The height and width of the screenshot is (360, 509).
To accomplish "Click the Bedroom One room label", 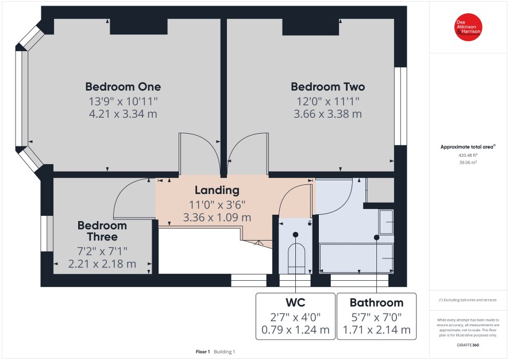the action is click(x=123, y=87).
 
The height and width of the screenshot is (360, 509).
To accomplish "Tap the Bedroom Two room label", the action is click(x=328, y=87).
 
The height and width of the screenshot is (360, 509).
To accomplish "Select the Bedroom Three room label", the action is click(x=102, y=231).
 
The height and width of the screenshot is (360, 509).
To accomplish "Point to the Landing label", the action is click(x=217, y=191).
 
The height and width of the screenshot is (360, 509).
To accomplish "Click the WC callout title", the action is click(x=295, y=302).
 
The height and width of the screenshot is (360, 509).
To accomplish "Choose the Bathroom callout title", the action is click(x=376, y=303).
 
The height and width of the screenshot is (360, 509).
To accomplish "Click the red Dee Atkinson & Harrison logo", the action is click(x=468, y=27).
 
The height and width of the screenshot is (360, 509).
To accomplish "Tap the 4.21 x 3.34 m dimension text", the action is click(x=123, y=114).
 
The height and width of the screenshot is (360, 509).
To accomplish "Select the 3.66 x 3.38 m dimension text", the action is click(x=328, y=114).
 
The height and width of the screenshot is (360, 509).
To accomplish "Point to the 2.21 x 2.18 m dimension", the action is click(x=102, y=264).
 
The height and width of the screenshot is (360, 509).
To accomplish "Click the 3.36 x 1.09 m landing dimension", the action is click(x=217, y=217).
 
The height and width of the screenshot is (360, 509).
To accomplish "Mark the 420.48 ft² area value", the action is click(x=468, y=156).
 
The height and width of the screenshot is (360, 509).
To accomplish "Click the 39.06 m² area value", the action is click(x=468, y=162).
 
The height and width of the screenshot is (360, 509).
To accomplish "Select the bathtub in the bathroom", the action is click(x=356, y=258).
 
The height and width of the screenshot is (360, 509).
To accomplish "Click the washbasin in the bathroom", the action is click(x=386, y=222).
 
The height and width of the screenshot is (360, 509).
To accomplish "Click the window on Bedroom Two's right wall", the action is click(x=401, y=106).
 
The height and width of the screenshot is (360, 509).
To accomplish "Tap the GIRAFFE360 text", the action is click(x=468, y=344).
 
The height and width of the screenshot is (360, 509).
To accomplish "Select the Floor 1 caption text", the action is click(x=203, y=351).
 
